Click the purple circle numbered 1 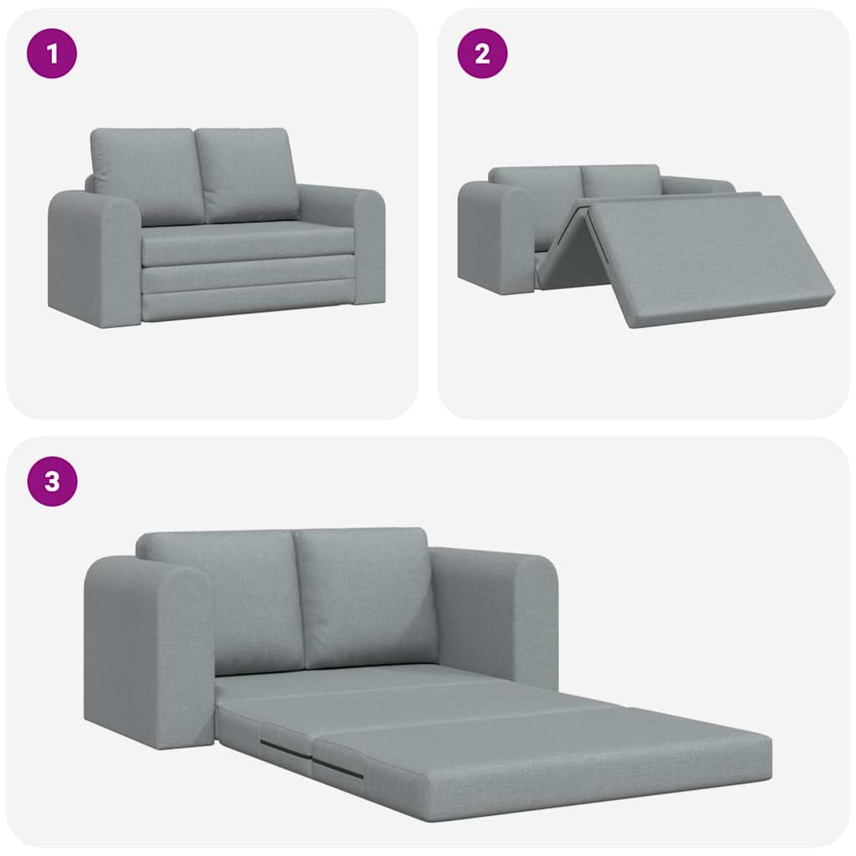(52, 53)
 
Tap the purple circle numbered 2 (481, 53)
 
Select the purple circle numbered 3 (52, 481)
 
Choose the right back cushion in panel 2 (620, 179)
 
